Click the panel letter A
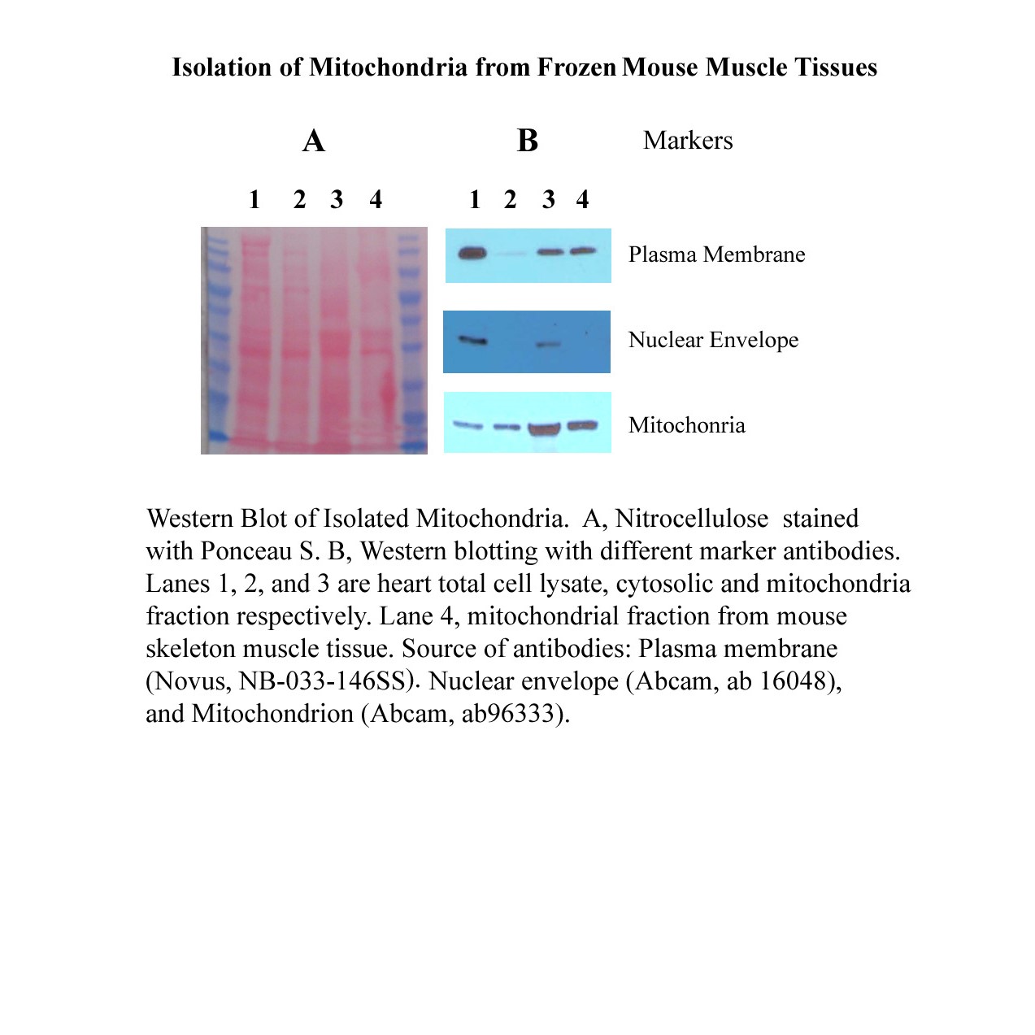coord(314,141)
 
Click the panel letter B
coord(528,141)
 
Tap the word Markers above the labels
coord(688,141)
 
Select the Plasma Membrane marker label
coord(716,254)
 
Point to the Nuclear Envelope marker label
coord(713,340)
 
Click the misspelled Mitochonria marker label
coord(686,425)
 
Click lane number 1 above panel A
coord(254,199)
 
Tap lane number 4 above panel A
coord(376,199)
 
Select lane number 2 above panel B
coord(510,199)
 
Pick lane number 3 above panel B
coord(549,199)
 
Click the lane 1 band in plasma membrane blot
coord(472,254)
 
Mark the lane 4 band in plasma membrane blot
coord(583,251)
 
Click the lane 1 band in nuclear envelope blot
coord(472,340)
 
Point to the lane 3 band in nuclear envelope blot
coord(550,344)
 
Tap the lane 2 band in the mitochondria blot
coord(507,426)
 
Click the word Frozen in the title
coord(576,67)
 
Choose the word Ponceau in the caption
coord(246,551)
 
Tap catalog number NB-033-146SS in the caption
coord(322,681)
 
